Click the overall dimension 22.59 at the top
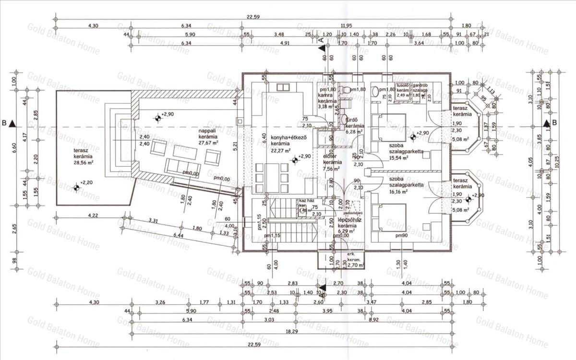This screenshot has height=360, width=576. [x=253, y=17]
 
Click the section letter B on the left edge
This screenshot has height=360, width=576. [x=4, y=123]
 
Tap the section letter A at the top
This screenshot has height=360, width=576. [x=321, y=41]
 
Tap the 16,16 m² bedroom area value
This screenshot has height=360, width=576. [x=392, y=191]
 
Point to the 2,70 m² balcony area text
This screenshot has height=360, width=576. [x=345, y=264]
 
